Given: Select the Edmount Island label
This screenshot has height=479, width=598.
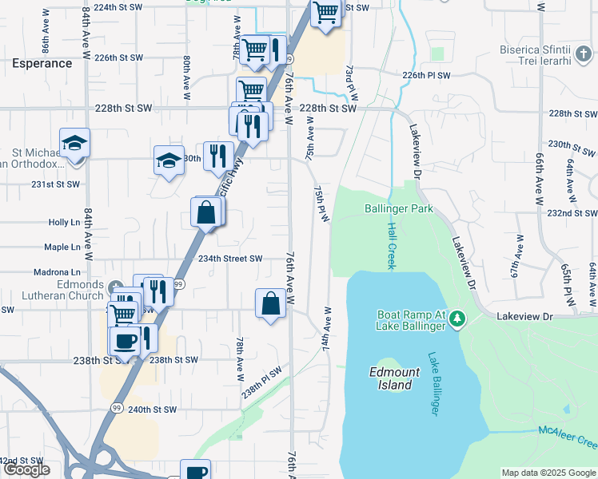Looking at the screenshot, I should (391, 378).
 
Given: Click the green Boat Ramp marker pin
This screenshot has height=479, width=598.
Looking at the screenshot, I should (456, 320).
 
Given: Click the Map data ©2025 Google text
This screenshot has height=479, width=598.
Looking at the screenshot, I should (548, 473).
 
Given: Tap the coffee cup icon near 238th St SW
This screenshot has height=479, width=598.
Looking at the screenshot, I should (124, 341).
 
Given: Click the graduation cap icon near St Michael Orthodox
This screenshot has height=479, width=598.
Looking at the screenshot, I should (75, 143).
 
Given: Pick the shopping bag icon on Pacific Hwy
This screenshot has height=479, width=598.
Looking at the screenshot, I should (206, 212).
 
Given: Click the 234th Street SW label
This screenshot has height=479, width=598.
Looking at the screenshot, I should (230, 259).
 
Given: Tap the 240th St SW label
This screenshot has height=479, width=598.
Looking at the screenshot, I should (152, 410).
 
